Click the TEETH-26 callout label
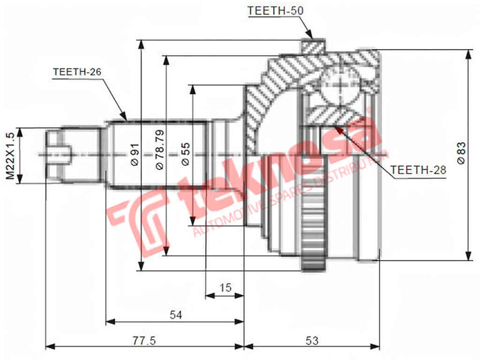click(77, 71)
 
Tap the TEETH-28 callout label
click(419, 170)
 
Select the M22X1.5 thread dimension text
click(10, 155)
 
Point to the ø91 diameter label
click(134, 154)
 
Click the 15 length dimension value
click(224, 287)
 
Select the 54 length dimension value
click(175, 314)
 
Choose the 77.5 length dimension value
click(144, 340)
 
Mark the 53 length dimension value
click(312, 340)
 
